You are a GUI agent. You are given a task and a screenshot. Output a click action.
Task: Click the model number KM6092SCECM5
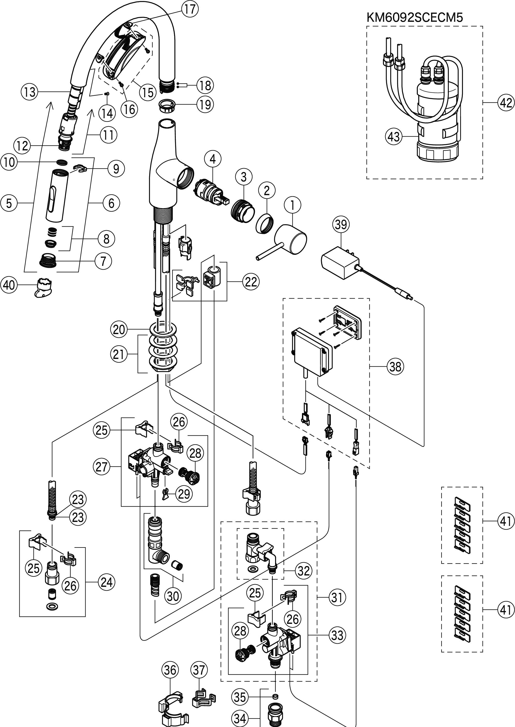coord(414,17)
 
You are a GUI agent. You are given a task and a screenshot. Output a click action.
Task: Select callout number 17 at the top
coord(190,9)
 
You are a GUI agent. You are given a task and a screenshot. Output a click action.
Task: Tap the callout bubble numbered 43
coord(394,137)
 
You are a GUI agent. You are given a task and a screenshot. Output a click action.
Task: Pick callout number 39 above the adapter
coord(341,224)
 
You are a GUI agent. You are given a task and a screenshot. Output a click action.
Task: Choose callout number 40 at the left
coord(9,285)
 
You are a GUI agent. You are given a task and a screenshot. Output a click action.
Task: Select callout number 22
coord(251,281)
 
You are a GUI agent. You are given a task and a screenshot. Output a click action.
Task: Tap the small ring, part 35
coord(275,696)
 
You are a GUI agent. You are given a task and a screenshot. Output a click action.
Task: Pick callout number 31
coord(337,598)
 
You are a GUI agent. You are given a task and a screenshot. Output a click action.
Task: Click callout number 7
coord(103,261)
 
